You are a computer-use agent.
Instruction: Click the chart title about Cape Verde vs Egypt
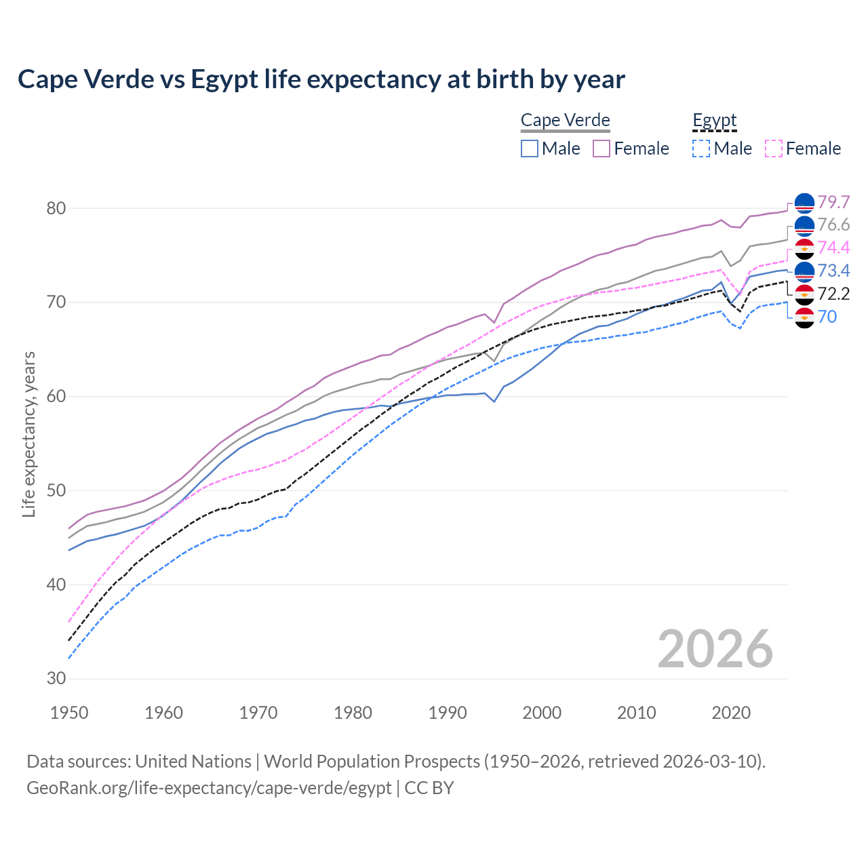[321, 79]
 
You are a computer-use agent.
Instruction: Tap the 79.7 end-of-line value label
[833, 202]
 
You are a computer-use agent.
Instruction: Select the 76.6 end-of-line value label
[833, 225]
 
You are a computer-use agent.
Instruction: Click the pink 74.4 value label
[833, 248]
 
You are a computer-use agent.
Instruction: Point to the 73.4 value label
[833, 271]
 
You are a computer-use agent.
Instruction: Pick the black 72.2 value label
[833, 294]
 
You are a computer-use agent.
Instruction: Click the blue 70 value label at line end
[827, 317]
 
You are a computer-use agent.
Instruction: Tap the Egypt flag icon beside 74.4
[804, 249]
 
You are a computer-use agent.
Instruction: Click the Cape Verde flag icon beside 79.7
[804, 203]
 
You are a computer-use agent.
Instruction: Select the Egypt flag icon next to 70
[804, 317]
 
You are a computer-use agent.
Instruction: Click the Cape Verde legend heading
[565, 121]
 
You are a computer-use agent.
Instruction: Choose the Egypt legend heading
[714, 121]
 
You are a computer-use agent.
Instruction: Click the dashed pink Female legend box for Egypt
[773, 149]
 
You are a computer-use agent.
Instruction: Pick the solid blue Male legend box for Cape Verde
[530, 149]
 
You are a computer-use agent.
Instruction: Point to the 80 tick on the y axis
[56, 208]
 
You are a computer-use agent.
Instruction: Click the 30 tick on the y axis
[56, 679]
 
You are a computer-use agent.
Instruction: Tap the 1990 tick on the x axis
[448, 713]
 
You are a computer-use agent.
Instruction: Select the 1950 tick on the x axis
[70, 713]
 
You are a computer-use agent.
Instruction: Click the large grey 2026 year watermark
[715, 649]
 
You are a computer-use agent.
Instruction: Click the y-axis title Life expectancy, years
[29, 434]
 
